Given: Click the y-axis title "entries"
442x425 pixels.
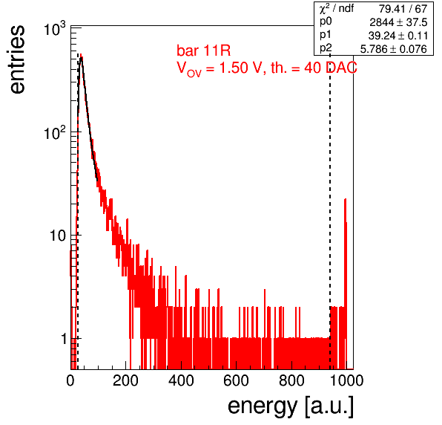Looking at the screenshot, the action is (18, 59).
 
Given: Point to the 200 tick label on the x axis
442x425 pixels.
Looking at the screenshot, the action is (125, 380).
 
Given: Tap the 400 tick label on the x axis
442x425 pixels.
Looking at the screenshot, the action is (181, 380).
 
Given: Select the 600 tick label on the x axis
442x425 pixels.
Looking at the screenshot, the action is (237, 380).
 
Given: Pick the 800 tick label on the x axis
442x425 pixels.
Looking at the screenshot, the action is (291, 380).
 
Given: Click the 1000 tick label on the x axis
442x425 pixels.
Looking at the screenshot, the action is (346, 380).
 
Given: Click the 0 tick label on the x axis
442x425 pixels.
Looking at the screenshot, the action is (70, 380).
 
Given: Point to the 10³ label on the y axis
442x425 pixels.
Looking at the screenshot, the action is (55, 29).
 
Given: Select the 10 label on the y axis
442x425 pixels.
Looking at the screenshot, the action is (58, 236).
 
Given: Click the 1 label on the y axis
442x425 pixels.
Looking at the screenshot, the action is (64, 339).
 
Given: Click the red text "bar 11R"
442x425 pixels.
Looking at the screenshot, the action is (203, 51).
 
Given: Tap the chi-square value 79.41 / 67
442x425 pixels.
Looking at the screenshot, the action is (403, 9).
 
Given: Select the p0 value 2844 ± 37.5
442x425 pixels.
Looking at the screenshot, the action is (398, 22).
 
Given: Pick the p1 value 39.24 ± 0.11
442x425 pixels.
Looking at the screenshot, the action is (398, 36).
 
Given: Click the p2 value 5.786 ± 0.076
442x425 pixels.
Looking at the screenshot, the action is (394, 49).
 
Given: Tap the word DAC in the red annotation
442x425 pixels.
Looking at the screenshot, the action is (341, 68).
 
